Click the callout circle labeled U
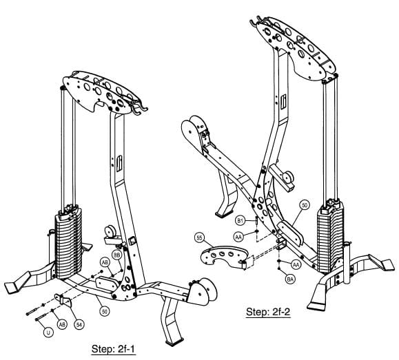tap(48, 332)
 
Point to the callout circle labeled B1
tap(241, 220)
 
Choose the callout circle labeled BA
tap(290, 279)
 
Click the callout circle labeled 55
tap(201, 237)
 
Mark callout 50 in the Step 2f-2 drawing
tap(304, 204)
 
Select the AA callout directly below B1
tap(238, 236)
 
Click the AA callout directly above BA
tap(296, 264)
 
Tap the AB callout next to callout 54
tap(62, 324)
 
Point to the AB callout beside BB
tap(105, 262)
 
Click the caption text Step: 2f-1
tap(114, 350)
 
